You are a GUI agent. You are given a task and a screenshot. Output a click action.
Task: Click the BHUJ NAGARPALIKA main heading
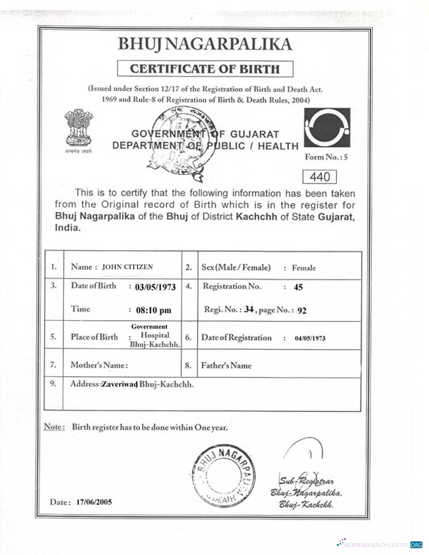coord(205,44)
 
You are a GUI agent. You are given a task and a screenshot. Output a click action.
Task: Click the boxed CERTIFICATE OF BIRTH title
coord(205,68)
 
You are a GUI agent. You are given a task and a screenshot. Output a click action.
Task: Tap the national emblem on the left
coord(79,129)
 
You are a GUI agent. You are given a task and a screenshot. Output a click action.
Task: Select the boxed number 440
coord(319,176)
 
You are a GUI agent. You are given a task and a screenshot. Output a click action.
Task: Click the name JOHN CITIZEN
coord(127,267)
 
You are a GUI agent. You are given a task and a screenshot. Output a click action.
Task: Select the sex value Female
coord(304,268)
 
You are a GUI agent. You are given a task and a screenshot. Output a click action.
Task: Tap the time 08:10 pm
coord(152,309)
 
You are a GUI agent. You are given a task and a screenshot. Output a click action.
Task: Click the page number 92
coord(302,308)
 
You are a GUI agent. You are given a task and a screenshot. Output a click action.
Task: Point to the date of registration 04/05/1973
coord(310,338)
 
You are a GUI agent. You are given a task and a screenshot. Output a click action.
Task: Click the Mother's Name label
coord(99,365)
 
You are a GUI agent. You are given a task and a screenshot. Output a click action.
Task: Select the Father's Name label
coord(226,365)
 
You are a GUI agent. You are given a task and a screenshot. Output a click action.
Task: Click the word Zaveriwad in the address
coord(119,384)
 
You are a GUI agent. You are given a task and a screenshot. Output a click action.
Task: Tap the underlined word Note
coord(53,427)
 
